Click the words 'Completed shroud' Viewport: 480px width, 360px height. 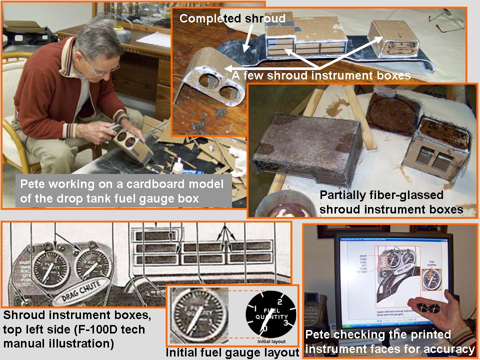[232, 19]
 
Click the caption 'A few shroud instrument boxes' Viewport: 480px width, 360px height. [321, 75]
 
